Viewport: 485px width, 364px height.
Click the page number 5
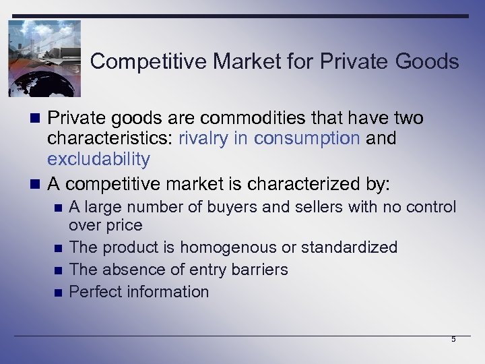pos(453,339)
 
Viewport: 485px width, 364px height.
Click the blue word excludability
pos(98,159)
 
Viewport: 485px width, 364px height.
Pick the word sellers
pos(309,207)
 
